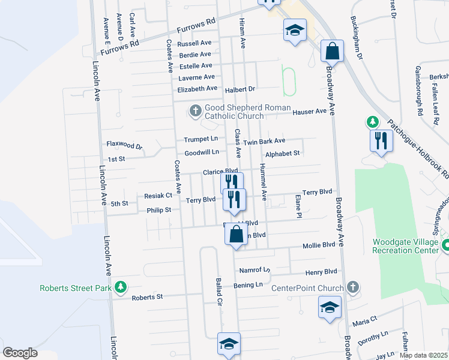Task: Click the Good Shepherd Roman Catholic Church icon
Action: [x=195, y=110]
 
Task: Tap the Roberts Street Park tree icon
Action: [x=121, y=287]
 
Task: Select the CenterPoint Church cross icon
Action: [x=353, y=287]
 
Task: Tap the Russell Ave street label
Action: [x=194, y=43]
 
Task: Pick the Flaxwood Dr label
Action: [x=124, y=145]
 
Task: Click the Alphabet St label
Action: [x=282, y=154]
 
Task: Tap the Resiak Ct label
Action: [x=158, y=196]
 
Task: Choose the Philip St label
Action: [x=159, y=211]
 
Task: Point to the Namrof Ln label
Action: [x=255, y=270]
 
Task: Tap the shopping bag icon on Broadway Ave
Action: [x=332, y=52]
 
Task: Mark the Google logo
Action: [x=20, y=353]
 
